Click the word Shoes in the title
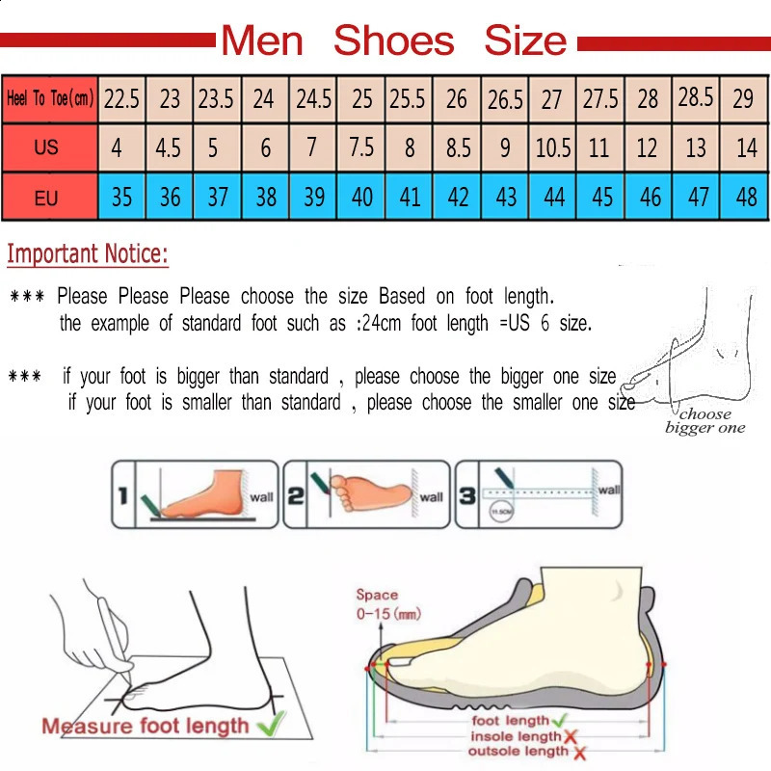393,40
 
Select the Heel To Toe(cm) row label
50,98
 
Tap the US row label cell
46,148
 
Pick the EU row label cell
46,199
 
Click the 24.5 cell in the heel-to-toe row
313,98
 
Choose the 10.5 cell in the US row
553,148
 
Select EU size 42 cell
458,198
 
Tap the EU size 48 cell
746,198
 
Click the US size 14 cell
746,148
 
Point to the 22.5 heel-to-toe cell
121,98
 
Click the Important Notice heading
88,254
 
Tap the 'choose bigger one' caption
705,421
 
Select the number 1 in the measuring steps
123,497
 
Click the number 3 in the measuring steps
465,496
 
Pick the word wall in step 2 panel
431,497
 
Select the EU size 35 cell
121,198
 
